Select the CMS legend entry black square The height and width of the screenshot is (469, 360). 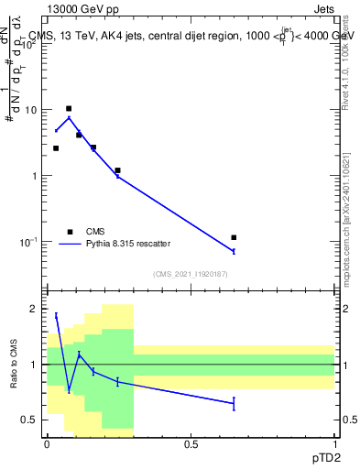69,232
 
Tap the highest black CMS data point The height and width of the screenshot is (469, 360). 69,109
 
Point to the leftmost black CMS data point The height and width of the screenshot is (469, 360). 56,148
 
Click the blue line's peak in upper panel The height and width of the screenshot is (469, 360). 69,117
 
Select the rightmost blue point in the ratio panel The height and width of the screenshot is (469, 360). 234,403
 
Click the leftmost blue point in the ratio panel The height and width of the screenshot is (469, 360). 56,315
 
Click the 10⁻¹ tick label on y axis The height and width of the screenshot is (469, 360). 27,242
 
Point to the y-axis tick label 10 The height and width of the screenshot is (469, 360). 31,110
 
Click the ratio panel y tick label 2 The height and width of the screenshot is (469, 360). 34,309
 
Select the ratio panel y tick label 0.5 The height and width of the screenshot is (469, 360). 29,420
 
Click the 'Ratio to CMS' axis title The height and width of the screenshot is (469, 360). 13,365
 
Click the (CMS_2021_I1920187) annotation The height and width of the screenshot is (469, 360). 191,274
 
